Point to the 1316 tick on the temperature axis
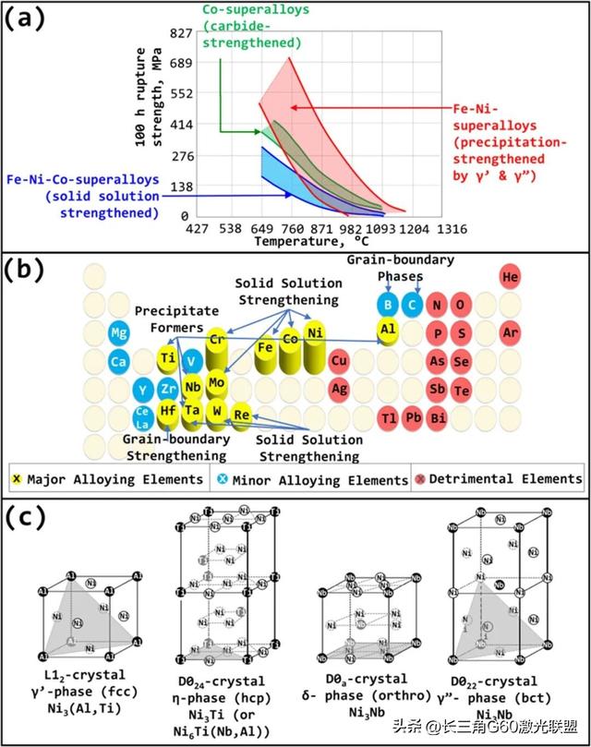[x=451, y=228]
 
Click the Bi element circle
[x=464, y=418]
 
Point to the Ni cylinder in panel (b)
[x=316, y=333]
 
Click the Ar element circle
[x=510, y=331]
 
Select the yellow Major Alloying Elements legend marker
[x=16, y=479]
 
